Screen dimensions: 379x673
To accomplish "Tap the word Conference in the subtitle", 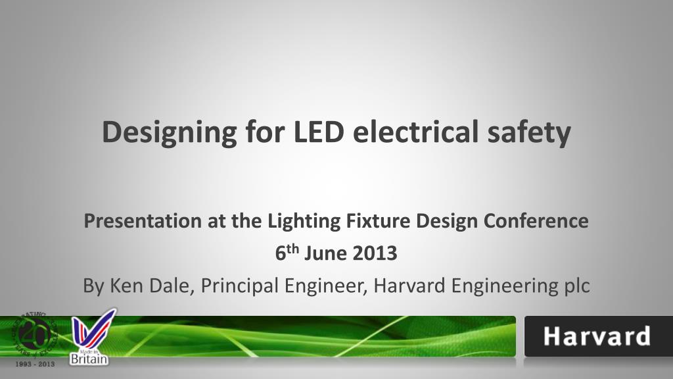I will tap(536, 221).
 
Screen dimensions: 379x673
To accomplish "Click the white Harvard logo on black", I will tap(597, 337).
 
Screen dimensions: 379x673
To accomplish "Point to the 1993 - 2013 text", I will tap(35, 363).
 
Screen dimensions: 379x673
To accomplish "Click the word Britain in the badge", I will tap(89, 359).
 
